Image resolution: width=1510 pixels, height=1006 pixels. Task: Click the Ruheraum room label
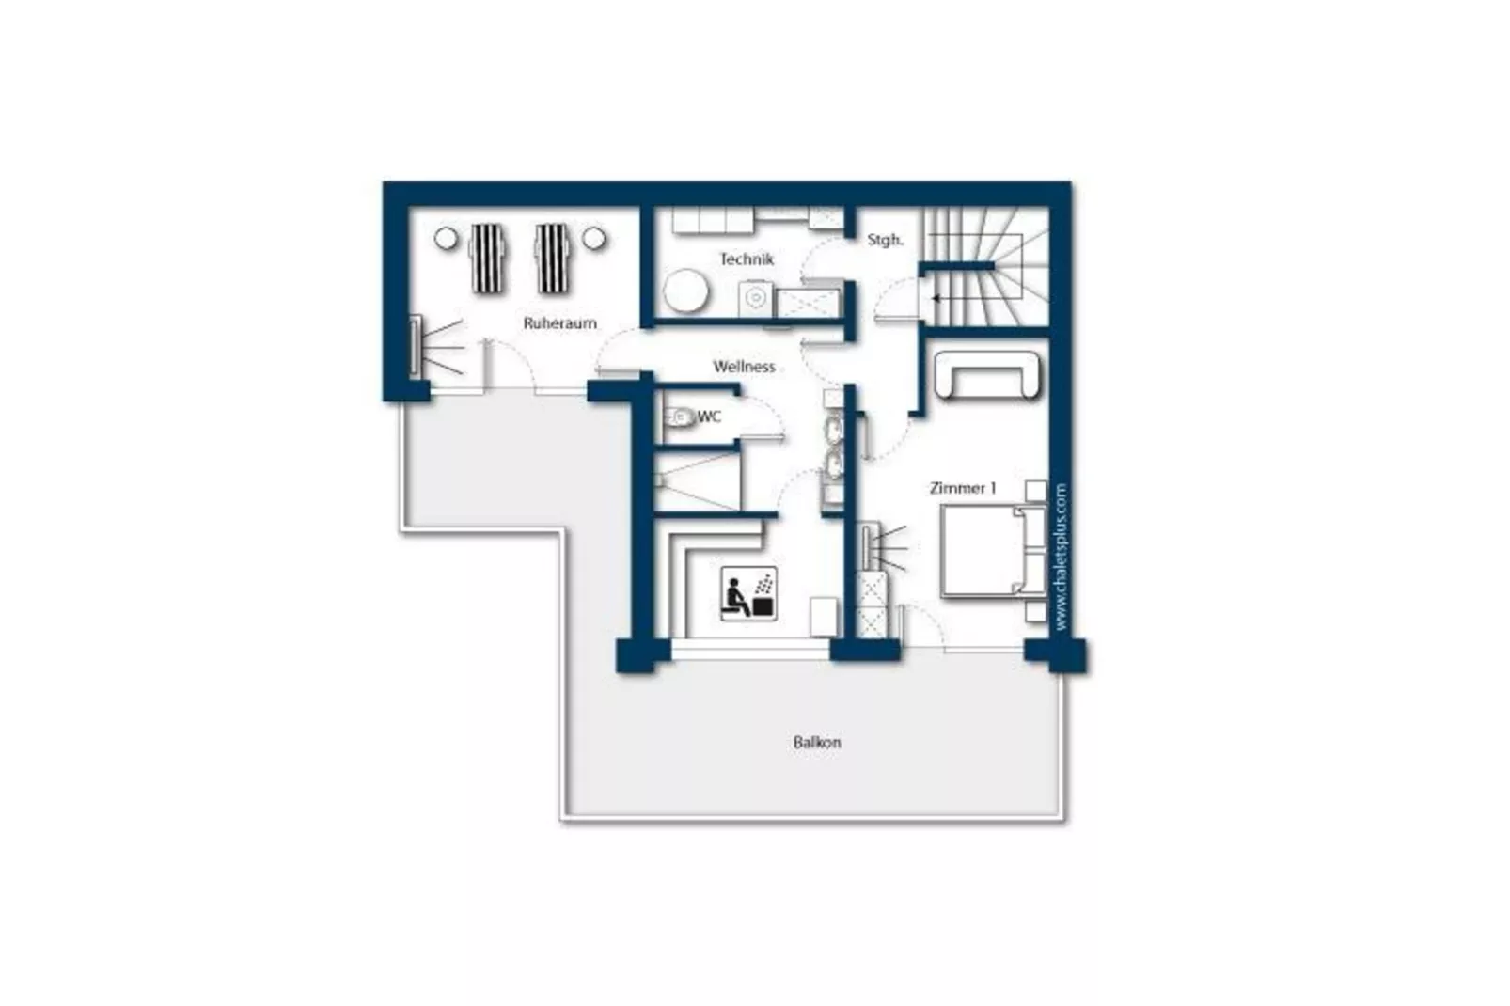click(559, 323)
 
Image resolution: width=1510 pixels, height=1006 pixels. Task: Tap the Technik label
click(747, 259)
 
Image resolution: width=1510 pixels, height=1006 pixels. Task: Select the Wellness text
click(744, 367)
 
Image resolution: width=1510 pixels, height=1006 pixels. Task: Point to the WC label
click(709, 417)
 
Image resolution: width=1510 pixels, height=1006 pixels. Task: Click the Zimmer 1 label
click(962, 488)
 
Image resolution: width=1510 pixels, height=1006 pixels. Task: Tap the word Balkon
click(816, 743)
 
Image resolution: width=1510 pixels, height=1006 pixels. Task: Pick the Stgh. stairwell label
click(885, 240)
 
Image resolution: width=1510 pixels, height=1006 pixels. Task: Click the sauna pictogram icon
click(748, 593)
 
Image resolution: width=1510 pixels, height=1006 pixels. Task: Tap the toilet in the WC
click(680, 417)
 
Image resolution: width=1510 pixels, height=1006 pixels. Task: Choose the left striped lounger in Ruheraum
click(486, 258)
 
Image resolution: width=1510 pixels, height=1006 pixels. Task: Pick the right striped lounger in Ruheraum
click(552, 258)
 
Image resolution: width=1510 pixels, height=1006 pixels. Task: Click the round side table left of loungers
click(446, 238)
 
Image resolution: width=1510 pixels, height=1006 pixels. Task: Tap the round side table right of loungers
click(594, 238)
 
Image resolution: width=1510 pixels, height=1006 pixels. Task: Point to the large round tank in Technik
click(685, 291)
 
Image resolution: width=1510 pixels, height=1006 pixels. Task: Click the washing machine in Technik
click(755, 299)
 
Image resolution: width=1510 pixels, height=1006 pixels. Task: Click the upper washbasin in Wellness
click(834, 429)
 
